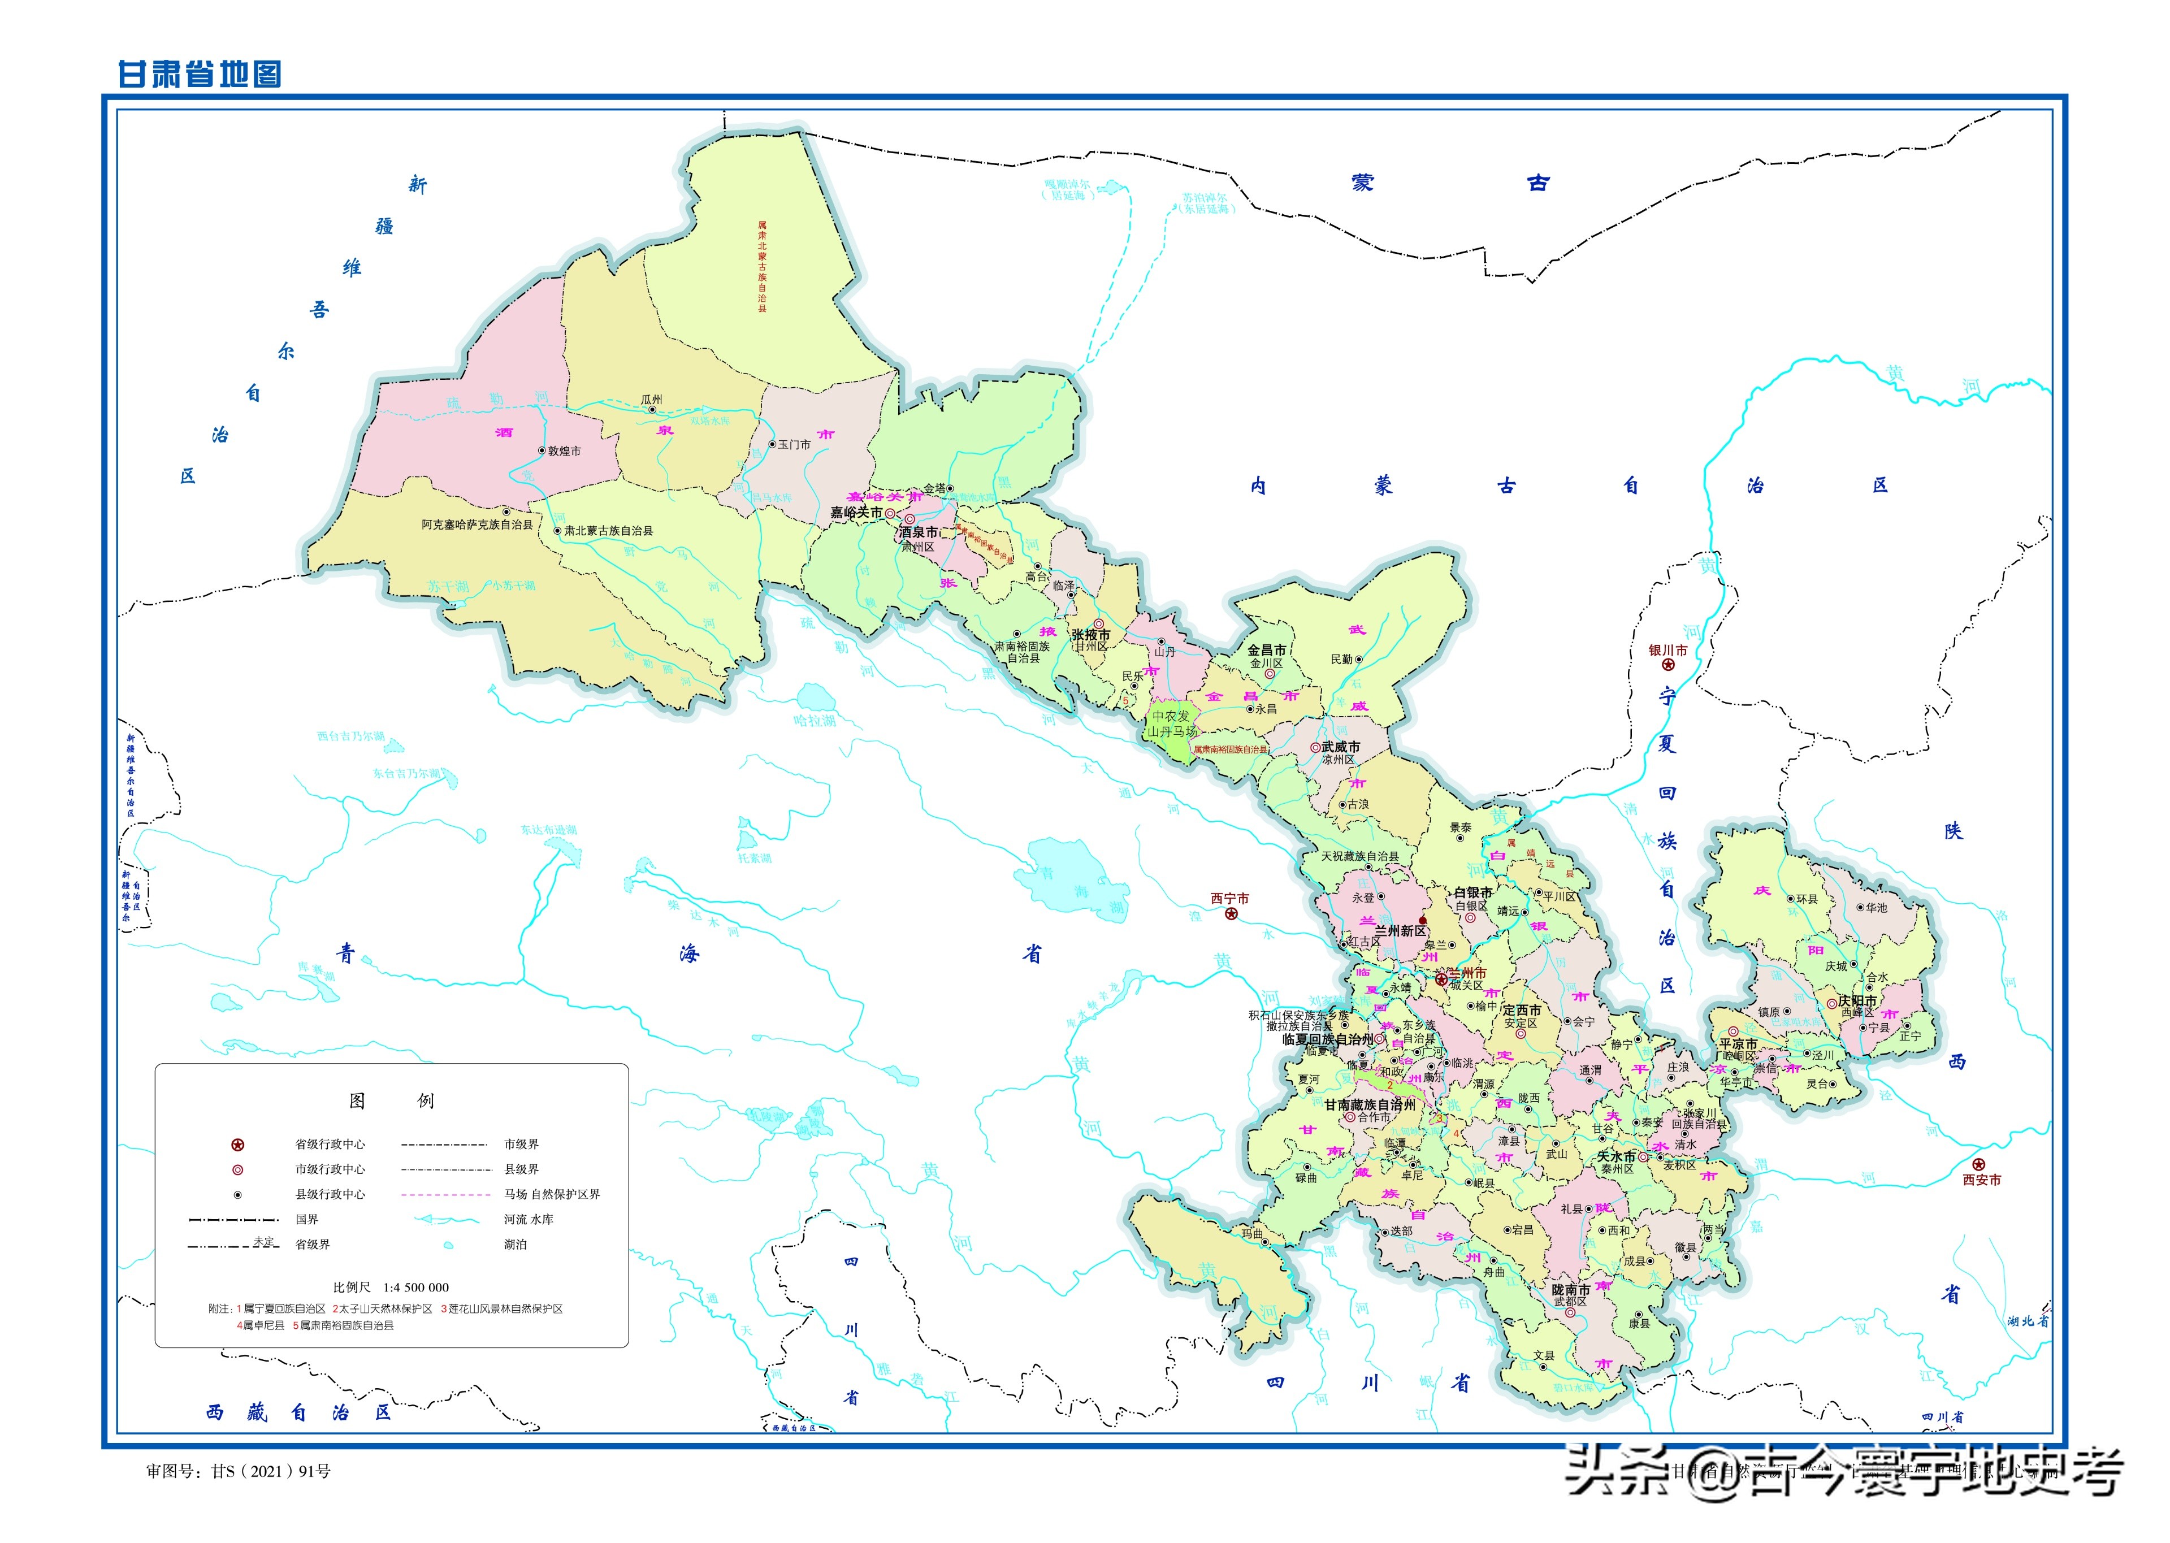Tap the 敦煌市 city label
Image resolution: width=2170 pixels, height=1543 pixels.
pyautogui.click(x=564, y=451)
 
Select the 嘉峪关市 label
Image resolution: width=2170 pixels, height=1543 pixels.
pyautogui.click(x=856, y=512)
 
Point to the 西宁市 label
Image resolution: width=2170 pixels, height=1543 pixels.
pyautogui.click(x=1229, y=898)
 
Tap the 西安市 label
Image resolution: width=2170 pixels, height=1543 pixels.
pyautogui.click(x=1982, y=1179)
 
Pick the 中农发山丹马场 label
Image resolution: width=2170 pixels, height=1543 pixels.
pyautogui.click(x=1171, y=724)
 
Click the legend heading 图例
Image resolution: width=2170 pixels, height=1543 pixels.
pyautogui.click(x=391, y=1100)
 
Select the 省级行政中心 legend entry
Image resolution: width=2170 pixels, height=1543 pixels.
pyautogui.click(x=329, y=1144)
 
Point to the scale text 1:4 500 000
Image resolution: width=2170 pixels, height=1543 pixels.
pyautogui.click(x=415, y=1288)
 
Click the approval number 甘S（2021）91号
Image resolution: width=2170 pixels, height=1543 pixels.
pyautogui.click(x=271, y=1471)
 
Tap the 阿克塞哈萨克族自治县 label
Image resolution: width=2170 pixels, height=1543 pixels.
pyautogui.click(x=477, y=525)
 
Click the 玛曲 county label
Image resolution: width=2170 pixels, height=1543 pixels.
pyautogui.click(x=1251, y=1233)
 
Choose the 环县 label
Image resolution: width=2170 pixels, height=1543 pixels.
pyautogui.click(x=1806, y=899)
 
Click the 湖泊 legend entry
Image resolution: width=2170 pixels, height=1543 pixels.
pyautogui.click(x=515, y=1243)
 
